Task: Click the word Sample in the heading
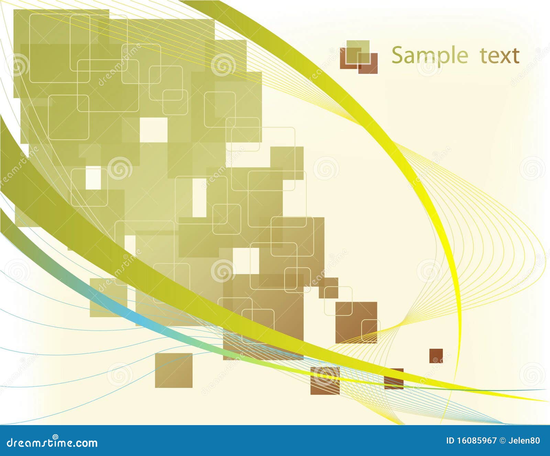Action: click(x=430, y=56)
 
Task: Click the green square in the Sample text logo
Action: click(x=358, y=52)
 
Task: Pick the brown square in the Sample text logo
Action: click(x=368, y=64)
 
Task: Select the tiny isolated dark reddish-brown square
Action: click(x=436, y=356)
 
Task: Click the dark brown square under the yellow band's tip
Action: click(x=394, y=379)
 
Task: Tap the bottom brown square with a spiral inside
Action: click(x=325, y=380)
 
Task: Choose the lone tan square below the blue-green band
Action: click(x=174, y=370)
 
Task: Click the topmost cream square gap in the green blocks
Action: click(x=154, y=130)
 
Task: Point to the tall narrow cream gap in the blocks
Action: click(x=199, y=198)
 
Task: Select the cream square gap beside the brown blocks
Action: click(x=246, y=261)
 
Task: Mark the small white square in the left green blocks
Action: click(x=93, y=178)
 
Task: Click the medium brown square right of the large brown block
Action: click(x=356, y=322)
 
